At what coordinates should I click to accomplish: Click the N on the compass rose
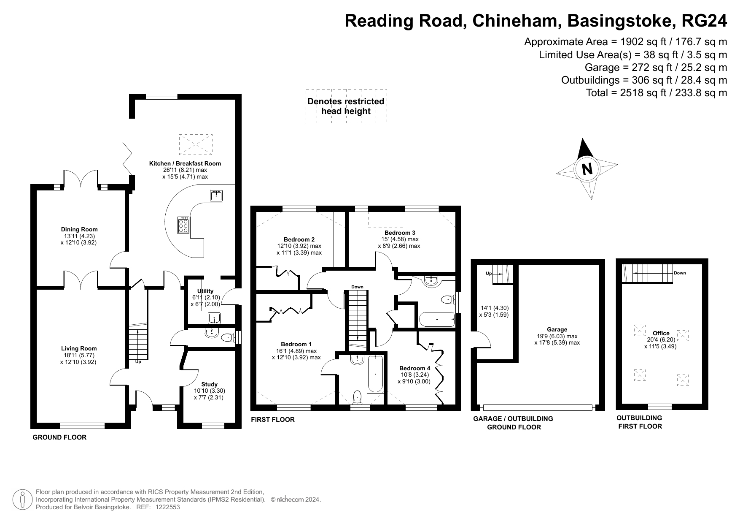[x=587, y=169]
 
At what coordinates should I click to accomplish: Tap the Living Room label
[x=79, y=348]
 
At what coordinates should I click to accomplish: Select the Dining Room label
[x=79, y=229]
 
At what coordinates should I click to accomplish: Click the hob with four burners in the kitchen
[x=184, y=225]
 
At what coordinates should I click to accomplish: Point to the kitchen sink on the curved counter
[x=216, y=195]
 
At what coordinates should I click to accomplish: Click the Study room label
[x=209, y=384]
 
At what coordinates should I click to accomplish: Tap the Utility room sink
[x=213, y=318]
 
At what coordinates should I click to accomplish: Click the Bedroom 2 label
[x=299, y=239]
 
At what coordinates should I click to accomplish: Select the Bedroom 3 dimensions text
[x=399, y=243]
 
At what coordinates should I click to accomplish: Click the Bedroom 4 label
[x=414, y=368]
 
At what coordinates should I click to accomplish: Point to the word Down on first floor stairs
[x=357, y=287]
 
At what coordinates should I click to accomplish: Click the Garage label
[x=557, y=329]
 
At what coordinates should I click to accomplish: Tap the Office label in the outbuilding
[x=661, y=333]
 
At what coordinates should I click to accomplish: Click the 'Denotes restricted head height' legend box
[x=346, y=106]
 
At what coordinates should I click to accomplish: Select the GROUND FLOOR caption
[x=59, y=437]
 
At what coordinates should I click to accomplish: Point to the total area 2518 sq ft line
[x=656, y=93]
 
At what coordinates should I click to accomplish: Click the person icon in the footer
[x=23, y=500]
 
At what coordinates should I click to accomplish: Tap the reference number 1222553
[x=168, y=507]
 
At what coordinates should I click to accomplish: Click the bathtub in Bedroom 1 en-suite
[x=375, y=374]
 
